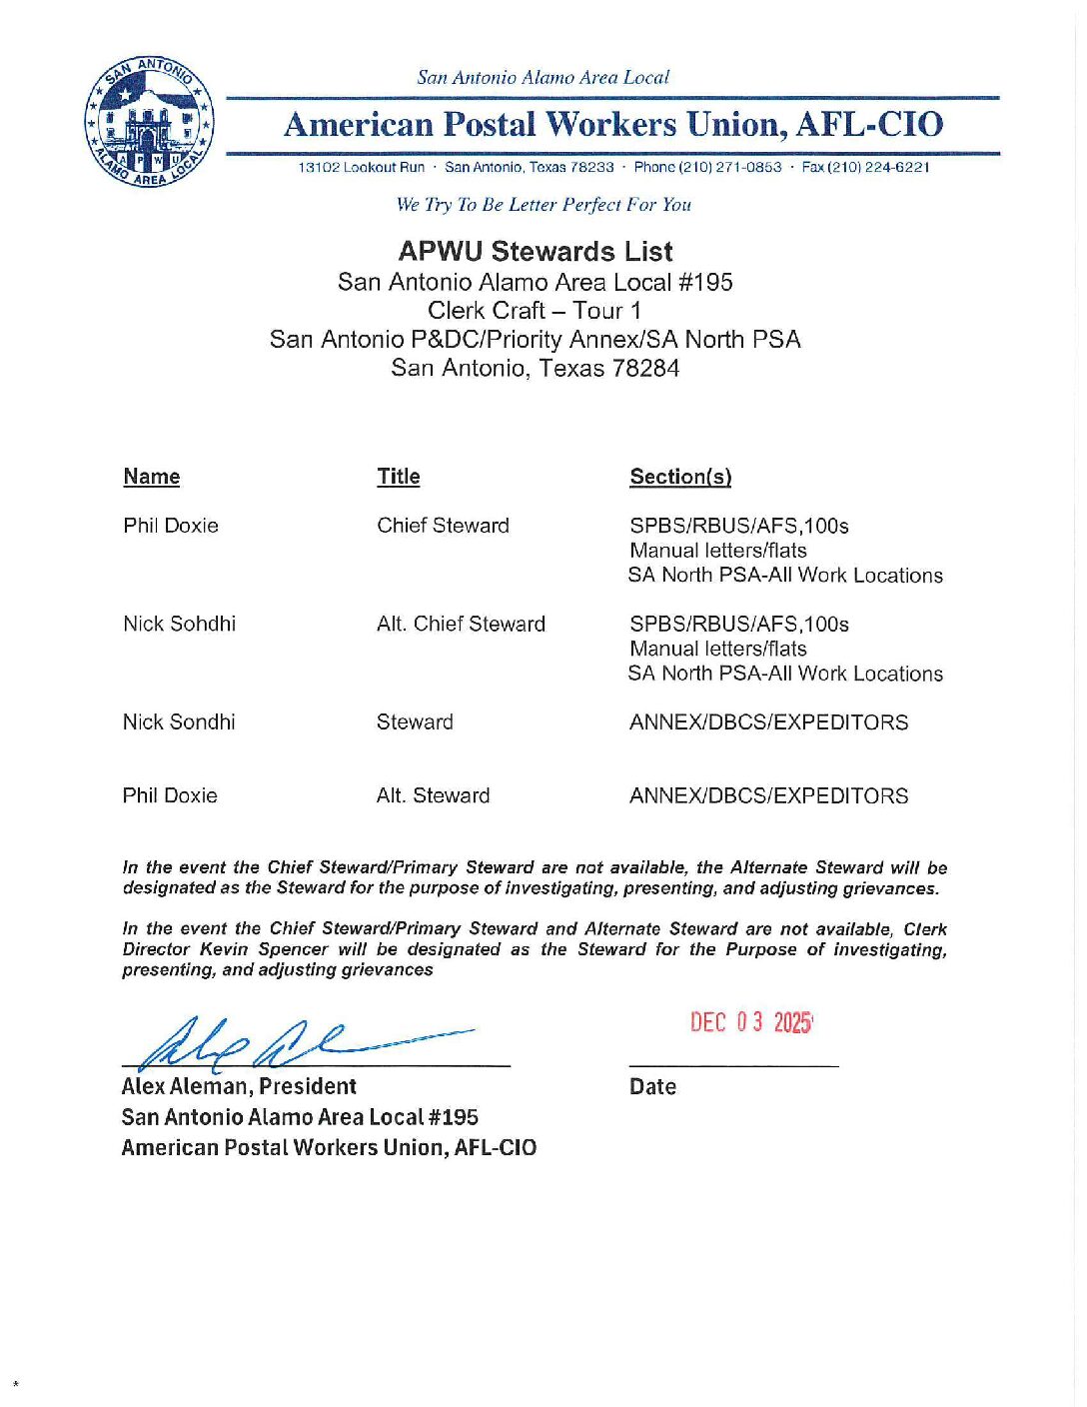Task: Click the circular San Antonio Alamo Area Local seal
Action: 149,122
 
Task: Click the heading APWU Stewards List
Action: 536,251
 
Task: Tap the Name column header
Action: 152,477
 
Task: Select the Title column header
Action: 399,477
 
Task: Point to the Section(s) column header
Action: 680,477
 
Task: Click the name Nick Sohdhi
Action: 180,624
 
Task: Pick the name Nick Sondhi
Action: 179,721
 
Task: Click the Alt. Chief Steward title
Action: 461,624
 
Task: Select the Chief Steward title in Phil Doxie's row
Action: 443,526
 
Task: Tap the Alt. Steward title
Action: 433,795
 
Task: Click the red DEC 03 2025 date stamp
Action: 751,1022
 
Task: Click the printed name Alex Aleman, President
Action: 239,1086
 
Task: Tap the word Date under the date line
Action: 652,1087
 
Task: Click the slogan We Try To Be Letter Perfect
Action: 543,205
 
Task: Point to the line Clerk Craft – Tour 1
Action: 535,310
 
